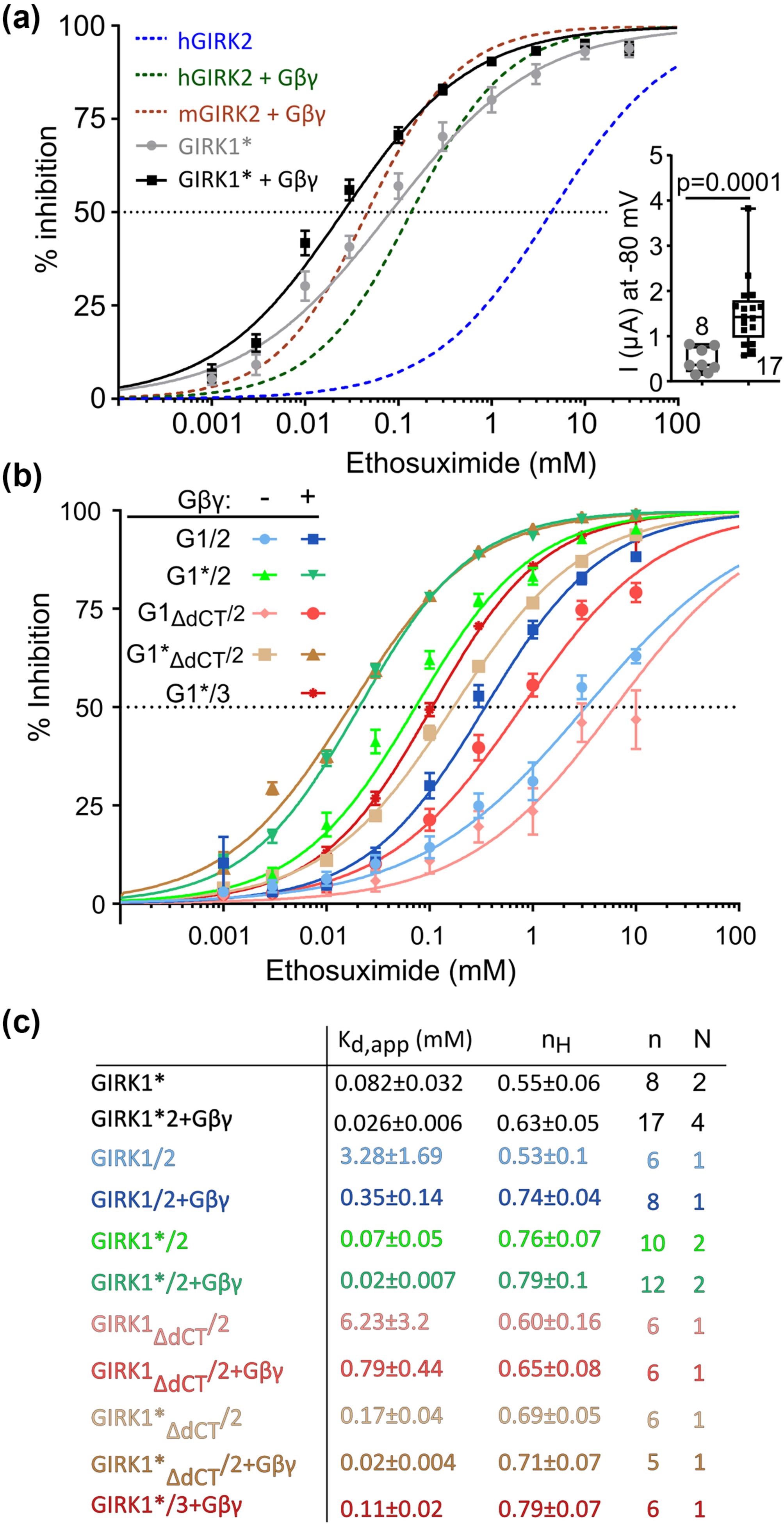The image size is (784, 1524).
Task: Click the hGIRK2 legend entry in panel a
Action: tap(215, 41)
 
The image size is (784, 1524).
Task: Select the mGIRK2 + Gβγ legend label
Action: tap(251, 114)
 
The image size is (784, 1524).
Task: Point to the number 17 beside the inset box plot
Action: tap(769, 366)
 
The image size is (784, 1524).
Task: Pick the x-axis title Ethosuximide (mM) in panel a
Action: tap(470, 463)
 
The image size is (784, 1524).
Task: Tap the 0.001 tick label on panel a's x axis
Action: tap(207, 424)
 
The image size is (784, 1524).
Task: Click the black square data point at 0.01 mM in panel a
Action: tap(305, 242)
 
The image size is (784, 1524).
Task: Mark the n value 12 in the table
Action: tap(653, 1284)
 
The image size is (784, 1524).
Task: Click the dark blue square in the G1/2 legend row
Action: tap(313, 539)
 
